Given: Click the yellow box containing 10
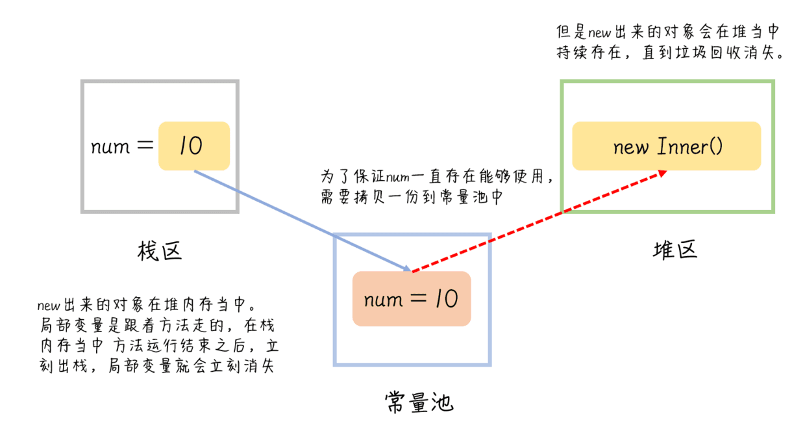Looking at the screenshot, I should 194,146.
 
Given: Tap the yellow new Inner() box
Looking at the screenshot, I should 666,146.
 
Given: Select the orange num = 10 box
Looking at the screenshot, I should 411,299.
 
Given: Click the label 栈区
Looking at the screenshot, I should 159,250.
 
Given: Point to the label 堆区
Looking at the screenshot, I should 675,249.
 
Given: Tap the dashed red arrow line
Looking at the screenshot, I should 539,221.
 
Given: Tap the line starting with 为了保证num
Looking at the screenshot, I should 439,177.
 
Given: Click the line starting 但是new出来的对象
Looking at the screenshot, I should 667,32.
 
